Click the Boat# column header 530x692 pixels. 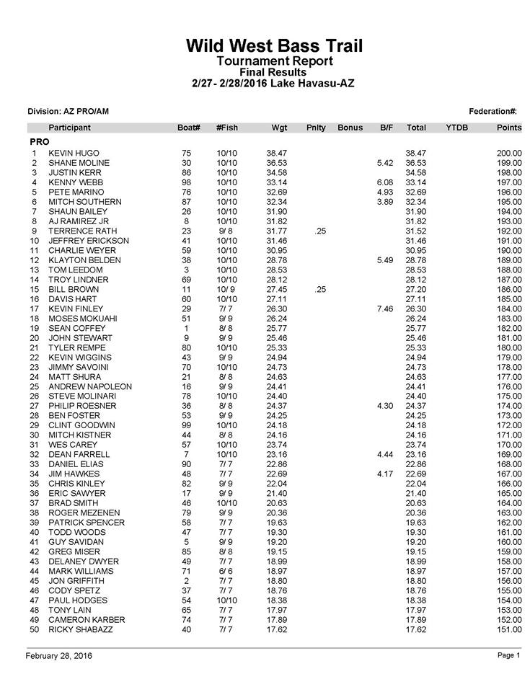tap(188, 128)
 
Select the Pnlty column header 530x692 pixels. tap(316, 128)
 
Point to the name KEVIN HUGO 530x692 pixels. tap(74, 154)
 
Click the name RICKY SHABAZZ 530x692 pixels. tap(80, 630)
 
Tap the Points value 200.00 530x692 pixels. tap(509, 154)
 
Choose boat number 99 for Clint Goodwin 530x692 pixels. tap(187, 426)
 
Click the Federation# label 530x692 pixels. tap(493, 111)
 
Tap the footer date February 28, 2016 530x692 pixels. tap(59, 655)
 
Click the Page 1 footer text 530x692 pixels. tap(508, 655)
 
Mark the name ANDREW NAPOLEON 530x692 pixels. tap(90, 387)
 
